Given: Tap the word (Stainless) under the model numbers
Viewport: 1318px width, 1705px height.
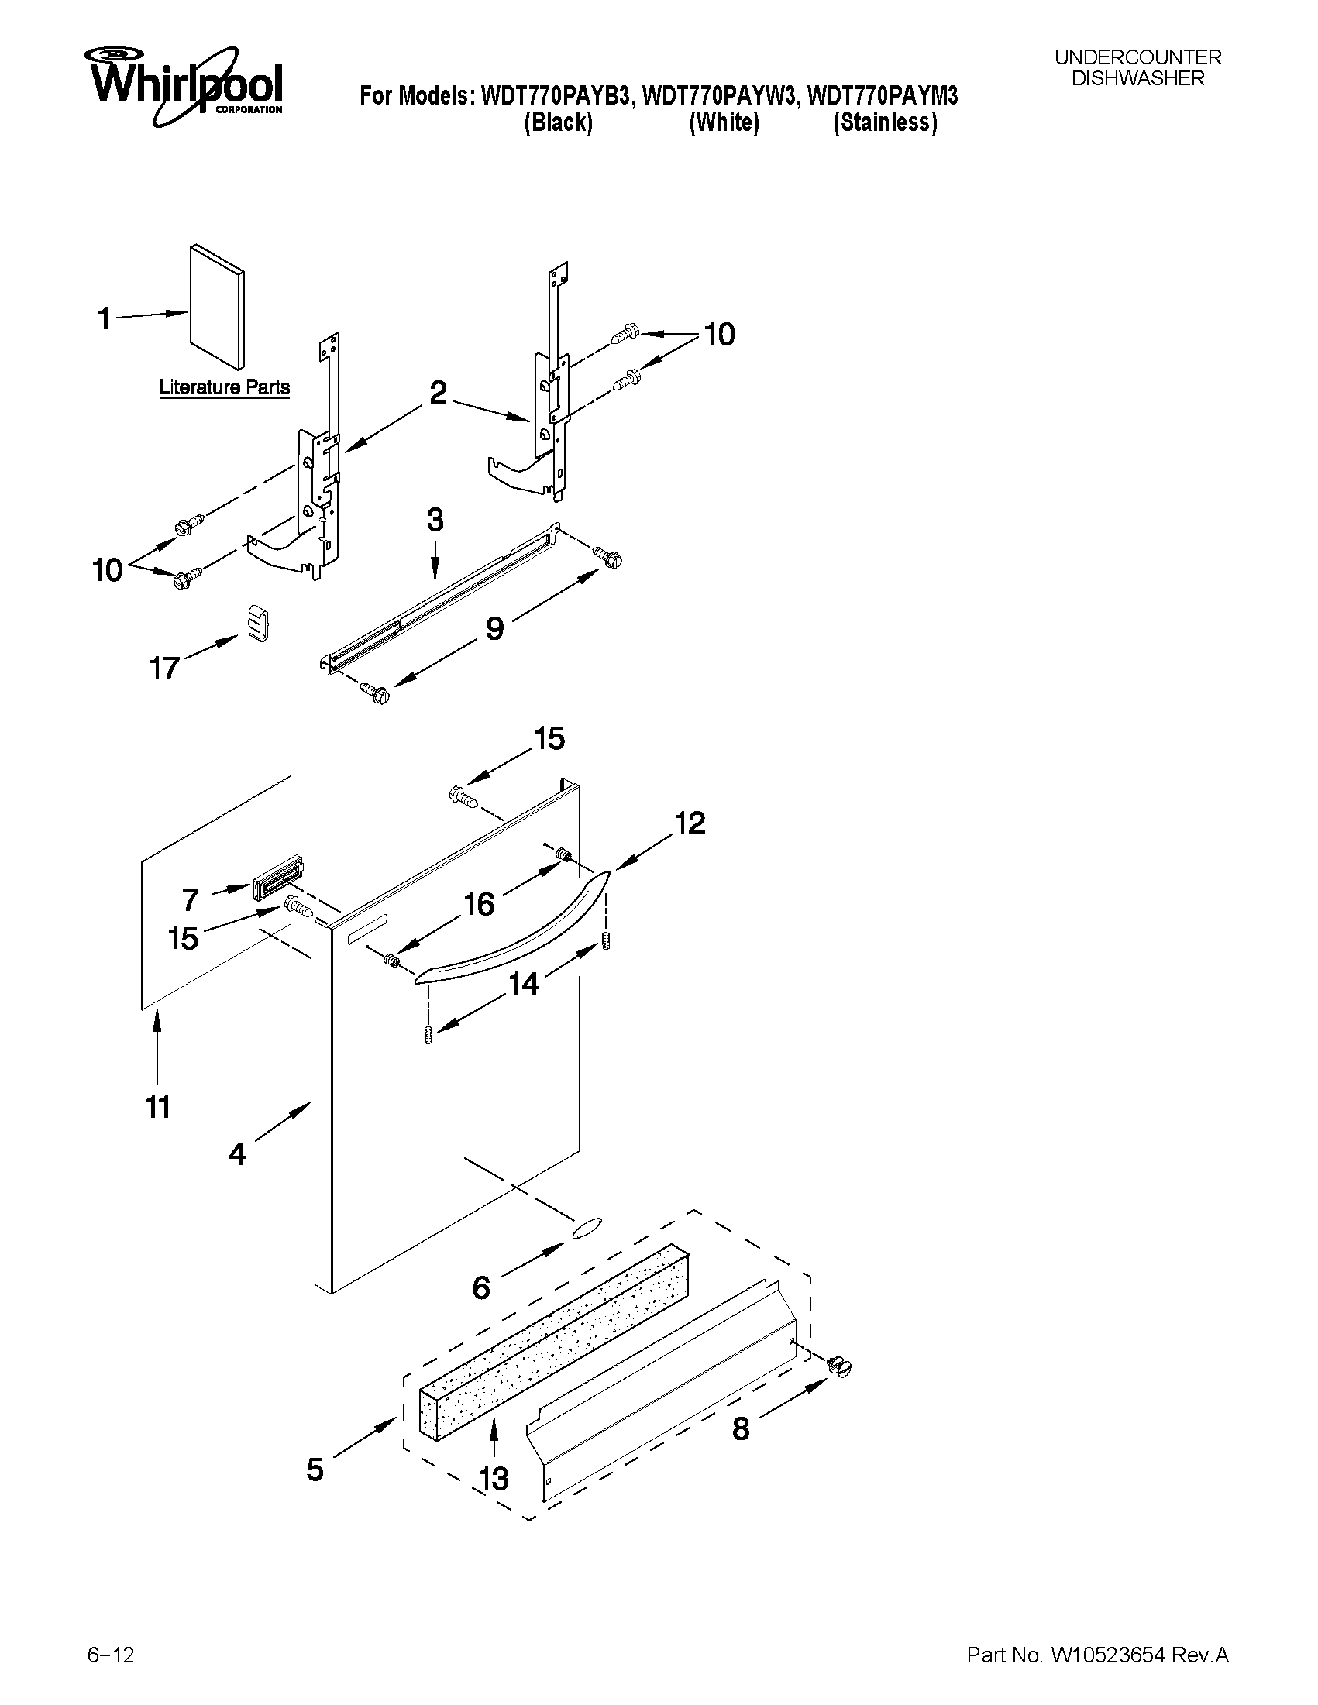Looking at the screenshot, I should (885, 122).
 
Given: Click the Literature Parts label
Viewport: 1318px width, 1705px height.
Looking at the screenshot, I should (224, 387).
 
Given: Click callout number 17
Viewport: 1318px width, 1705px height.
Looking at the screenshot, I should (165, 669).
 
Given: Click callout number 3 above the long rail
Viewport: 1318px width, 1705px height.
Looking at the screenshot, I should (435, 520).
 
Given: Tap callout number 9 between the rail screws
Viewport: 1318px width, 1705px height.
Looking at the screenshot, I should (495, 627).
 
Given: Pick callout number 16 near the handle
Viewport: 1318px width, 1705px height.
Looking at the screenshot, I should (480, 904).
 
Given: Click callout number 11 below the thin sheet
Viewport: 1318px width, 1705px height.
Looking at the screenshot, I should (158, 1106).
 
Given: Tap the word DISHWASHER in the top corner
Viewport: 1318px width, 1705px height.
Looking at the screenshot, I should (1137, 79).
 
